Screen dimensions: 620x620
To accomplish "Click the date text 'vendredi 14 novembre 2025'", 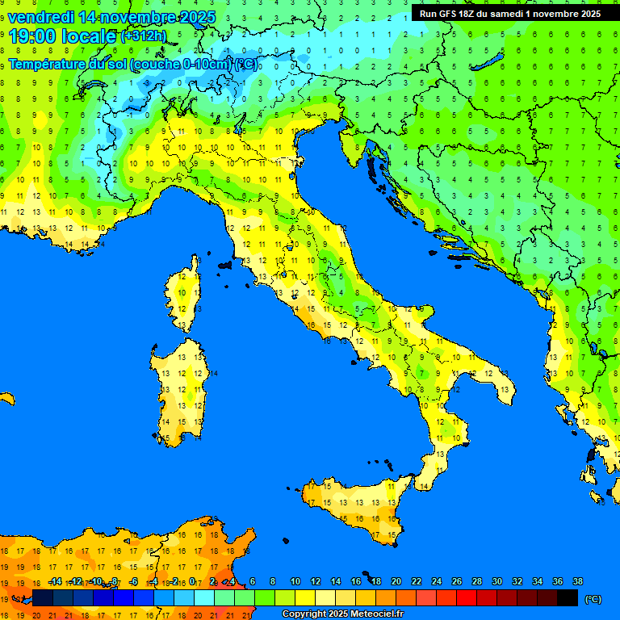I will click(111, 17).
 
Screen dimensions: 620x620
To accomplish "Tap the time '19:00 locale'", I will click(62, 36).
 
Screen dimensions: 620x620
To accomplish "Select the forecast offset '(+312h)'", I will click(143, 36).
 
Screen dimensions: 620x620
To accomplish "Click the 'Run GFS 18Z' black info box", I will click(509, 13).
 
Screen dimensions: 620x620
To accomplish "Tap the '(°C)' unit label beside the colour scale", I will click(593, 599).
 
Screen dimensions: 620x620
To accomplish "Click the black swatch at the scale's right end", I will click(568, 598).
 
